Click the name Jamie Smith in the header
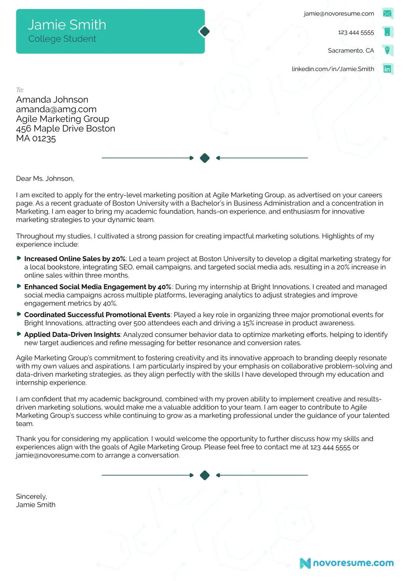pyautogui.click(x=67, y=25)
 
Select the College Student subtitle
pyautogui.click(x=62, y=39)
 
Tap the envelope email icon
pyautogui.click(x=387, y=14)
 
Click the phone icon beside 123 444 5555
pyautogui.click(x=387, y=32)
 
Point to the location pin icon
pyautogui.click(x=387, y=50)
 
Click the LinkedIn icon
pyautogui.click(x=387, y=69)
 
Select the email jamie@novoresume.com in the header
pyautogui.click(x=339, y=14)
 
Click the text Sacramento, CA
pyautogui.click(x=350, y=51)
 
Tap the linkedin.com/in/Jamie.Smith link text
pyautogui.click(x=333, y=69)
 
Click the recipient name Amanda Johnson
pyautogui.click(x=52, y=100)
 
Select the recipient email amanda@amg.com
pyautogui.click(x=56, y=109)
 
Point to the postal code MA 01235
pyautogui.click(x=36, y=138)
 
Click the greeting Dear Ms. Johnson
pyautogui.click(x=45, y=179)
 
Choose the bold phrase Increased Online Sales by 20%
pyautogui.click(x=75, y=259)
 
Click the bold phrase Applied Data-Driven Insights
pyautogui.click(x=72, y=335)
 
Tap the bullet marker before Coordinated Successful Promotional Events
pyautogui.click(x=19, y=314)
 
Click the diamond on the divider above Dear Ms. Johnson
pyautogui.click(x=205, y=158)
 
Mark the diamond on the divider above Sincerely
pyautogui.click(x=205, y=475)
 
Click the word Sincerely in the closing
pyautogui.click(x=31, y=497)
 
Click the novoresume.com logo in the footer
pyautogui.click(x=347, y=563)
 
